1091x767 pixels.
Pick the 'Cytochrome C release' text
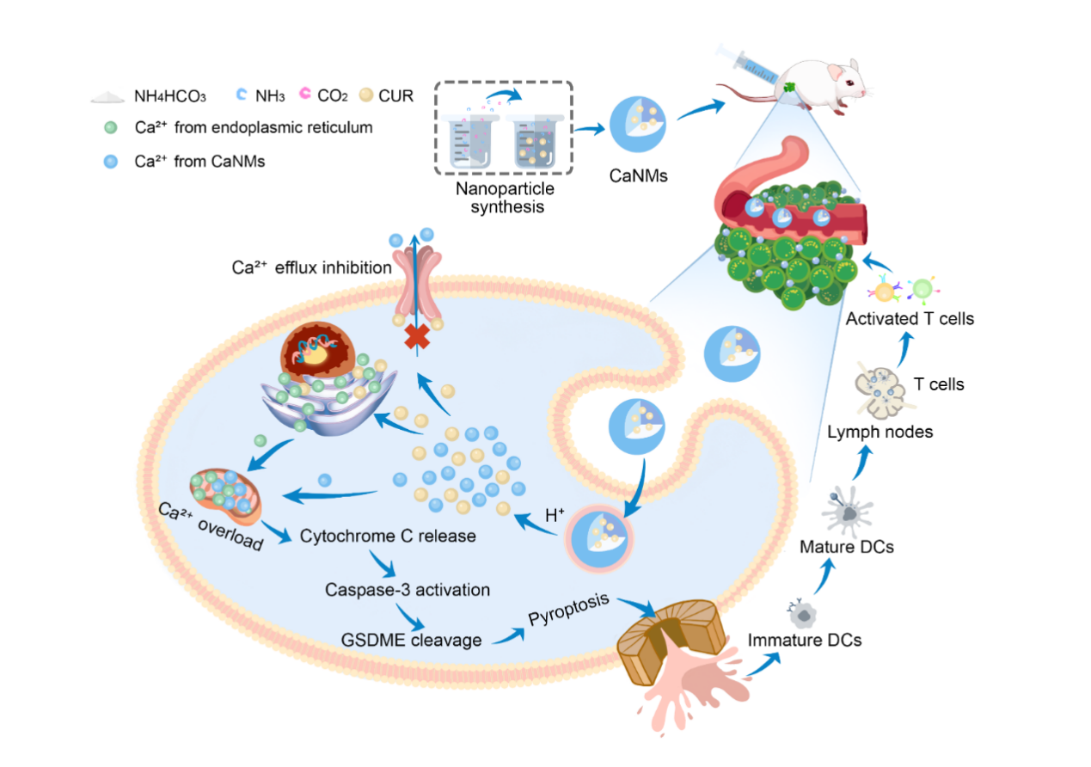[388, 537]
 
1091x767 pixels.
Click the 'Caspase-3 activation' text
[408, 590]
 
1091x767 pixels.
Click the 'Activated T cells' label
[910, 319]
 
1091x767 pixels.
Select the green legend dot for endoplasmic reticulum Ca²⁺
[108, 129]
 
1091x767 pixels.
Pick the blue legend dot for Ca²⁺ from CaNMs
[108, 161]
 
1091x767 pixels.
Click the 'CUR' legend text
[395, 96]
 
